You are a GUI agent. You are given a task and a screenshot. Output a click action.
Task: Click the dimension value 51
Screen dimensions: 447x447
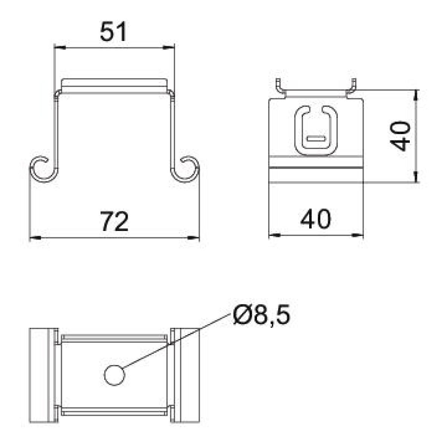coord(114,32)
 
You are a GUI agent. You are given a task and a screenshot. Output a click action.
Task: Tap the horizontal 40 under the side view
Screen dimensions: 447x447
coord(316,219)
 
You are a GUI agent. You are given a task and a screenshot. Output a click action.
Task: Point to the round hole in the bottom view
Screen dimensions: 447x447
coord(115,375)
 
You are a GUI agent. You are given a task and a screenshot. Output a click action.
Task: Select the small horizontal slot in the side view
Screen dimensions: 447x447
coord(316,139)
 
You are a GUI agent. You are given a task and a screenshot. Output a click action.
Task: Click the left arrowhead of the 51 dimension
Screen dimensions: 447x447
coord(60,48)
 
